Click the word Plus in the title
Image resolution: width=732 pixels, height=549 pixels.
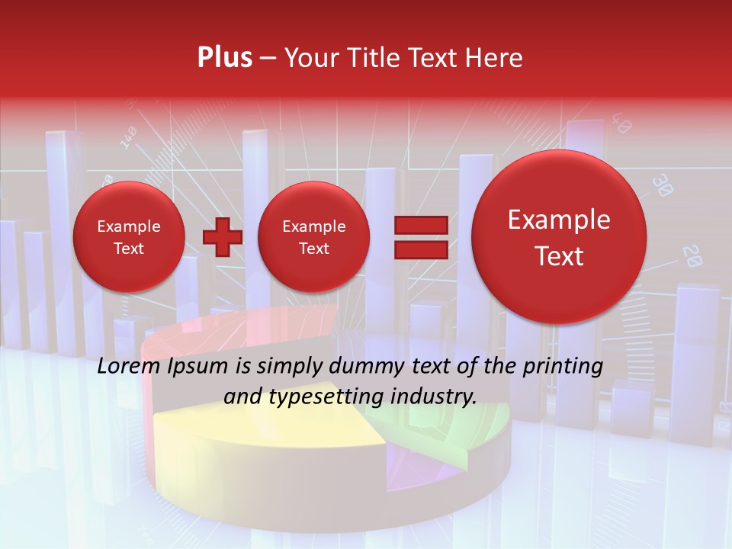click(x=224, y=58)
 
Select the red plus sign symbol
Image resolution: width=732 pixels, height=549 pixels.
click(x=223, y=236)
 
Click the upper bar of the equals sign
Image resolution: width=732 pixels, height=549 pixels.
click(x=420, y=225)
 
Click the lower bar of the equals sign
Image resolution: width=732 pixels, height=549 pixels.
click(x=420, y=249)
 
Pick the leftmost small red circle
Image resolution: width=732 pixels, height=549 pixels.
click(x=128, y=236)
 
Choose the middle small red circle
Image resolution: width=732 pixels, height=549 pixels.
click(x=313, y=236)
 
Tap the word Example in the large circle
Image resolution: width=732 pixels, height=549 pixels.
click(x=559, y=220)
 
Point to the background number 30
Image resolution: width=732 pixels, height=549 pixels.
click(x=663, y=185)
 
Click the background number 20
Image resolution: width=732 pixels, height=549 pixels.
click(x=691, y=255)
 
